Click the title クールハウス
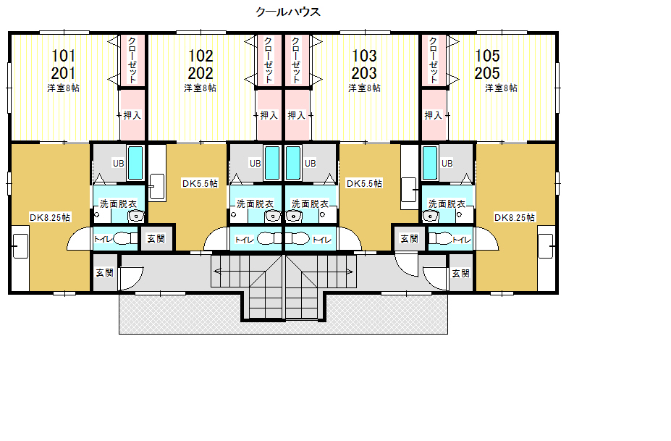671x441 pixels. coord(287,12)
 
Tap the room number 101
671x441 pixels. coord(63,56)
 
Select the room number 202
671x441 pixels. coord(201,73)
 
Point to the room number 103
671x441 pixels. coord(364,56)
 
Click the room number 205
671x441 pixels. coord(487,73)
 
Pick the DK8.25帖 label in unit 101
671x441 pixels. coord(50,217)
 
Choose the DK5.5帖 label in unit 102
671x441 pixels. coord(200,184)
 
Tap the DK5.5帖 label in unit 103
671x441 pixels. coord(364,184)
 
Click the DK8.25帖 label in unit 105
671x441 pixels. coord(515,217)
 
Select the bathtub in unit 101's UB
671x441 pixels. coord(135,163)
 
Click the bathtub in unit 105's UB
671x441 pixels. coord(430,163)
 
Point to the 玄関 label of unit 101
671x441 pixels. coord(104,273)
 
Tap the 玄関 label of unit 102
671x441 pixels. coord(156,238)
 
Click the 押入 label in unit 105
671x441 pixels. coord(433,115)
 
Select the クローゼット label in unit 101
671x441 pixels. coord(132,60)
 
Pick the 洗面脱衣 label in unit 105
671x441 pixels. coord(447,203)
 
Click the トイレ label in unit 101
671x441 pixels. coord(104,239)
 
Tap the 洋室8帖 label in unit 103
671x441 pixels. coord(364,88)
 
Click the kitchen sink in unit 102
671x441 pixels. coord(157,187)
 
